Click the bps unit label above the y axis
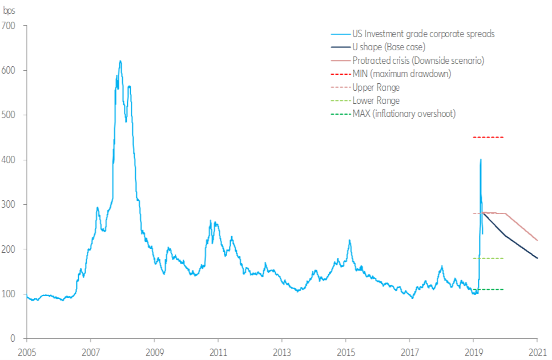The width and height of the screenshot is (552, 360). click(x=10, y=10)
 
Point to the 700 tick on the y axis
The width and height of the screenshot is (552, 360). click(x=11, y=26)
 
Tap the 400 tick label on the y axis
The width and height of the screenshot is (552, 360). click(x=11, y=160)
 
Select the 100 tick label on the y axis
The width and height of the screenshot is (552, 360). click(x=11, y=294)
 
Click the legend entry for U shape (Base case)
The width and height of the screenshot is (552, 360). click(x=382, y=47)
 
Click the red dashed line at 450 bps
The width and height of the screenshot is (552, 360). click(x=489, y=137)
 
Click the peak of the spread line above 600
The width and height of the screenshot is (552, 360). click(x=120, y=61)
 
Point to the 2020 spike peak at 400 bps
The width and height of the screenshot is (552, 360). click(x=481, y=160)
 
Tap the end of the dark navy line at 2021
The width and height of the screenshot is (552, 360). click(x=537, y=258)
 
